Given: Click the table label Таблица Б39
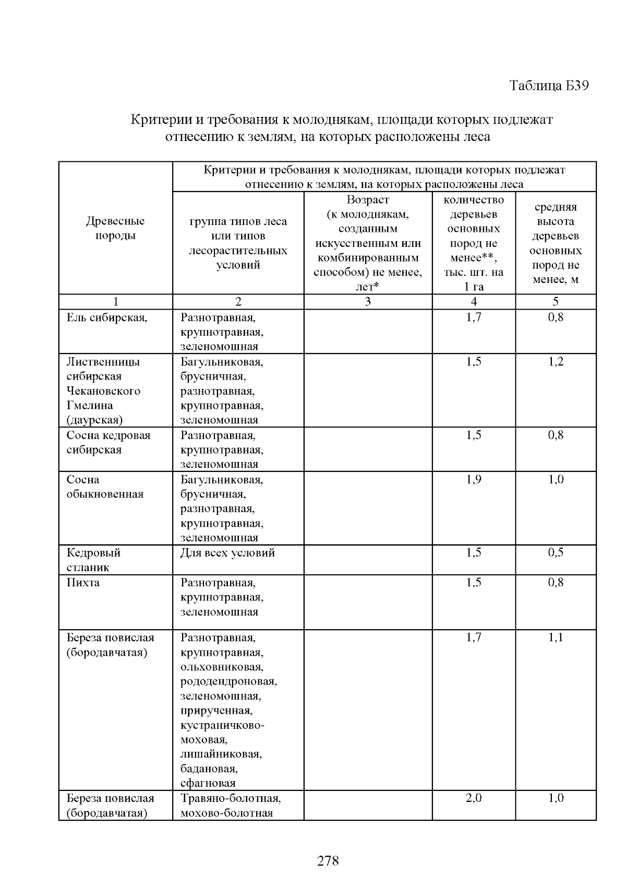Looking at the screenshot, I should click(x=549, y=86).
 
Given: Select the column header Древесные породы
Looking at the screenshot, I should click(x=115, y=228).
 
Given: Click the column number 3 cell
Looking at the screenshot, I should click(x=368, y=302).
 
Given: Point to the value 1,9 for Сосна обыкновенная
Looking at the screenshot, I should click(x=474, y=480).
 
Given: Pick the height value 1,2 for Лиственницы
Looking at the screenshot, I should click(x=556, y=362).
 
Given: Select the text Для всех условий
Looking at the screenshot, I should click(x=227, y=553).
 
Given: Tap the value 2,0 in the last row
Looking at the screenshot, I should click(x=474, y=798).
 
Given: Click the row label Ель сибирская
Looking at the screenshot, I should click(x=107, y=317).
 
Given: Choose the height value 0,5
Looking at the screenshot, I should click(x=556, y=553).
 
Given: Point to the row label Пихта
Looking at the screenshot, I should click(x=83, y=583).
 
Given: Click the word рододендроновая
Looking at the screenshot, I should click(x=228, y=681).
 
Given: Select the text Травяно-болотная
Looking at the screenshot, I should click(x=231, y=798).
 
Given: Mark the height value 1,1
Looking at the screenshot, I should click(x=556, y=637).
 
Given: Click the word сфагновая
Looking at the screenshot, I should click(x=208, y=783).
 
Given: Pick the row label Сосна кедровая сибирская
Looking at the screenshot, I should click(x=108, y=442).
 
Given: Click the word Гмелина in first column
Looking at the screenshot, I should click(x=90, y=406).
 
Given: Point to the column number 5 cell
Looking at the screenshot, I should click(x=556, y=302).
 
